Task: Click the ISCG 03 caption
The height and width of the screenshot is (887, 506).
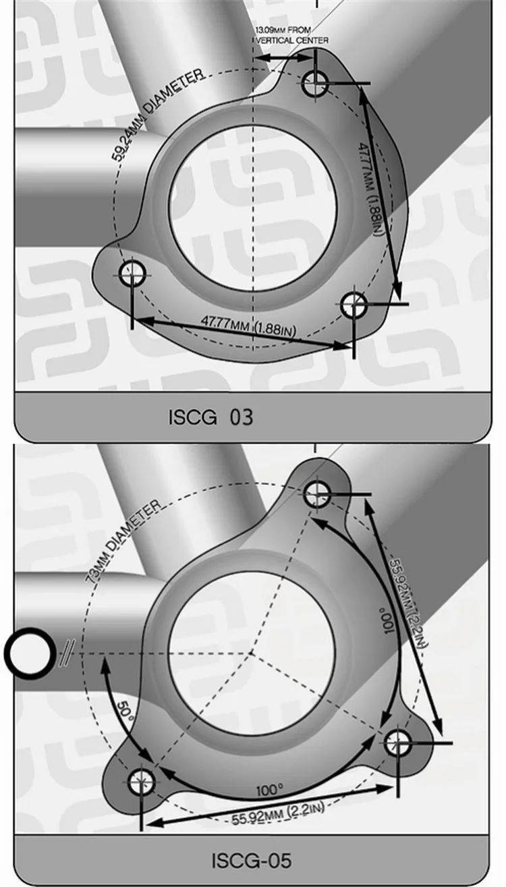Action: (210, 417)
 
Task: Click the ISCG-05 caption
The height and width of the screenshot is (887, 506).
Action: (252, 861)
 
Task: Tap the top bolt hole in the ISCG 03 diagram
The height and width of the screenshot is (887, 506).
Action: (315, 84)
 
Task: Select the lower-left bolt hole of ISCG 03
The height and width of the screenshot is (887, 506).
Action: (132, 273)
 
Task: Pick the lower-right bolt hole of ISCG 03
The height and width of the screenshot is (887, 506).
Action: (354, 305)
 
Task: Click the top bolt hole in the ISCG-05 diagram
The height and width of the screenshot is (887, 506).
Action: (317, 494)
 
